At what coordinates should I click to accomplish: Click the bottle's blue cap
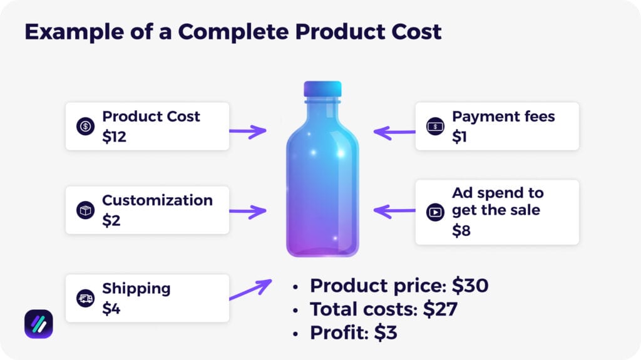(322, 89)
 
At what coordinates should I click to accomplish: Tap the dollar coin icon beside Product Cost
(85, 126)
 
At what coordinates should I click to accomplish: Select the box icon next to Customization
(85, 211)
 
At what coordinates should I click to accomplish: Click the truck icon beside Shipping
(85, 299)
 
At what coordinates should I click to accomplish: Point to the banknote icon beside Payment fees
(434, 126)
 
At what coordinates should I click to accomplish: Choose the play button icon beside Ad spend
(434, 212)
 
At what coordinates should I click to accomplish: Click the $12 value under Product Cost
(115, 136)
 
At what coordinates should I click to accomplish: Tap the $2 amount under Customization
(111, 220)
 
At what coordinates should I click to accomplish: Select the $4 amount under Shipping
(111, 309)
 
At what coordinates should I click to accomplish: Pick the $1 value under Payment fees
(459, 136)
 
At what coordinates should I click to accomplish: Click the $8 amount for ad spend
(461, 230)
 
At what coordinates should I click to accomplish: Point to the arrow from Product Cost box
(248, 131)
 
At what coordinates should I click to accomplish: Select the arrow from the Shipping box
(250, 289)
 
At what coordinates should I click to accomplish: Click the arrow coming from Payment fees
(394, 132)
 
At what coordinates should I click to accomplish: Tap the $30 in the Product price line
(469, 285)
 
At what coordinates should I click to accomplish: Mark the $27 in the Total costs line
(440, 309)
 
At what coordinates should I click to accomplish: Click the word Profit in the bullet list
(337, 332)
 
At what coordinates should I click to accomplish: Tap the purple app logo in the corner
(39, 324)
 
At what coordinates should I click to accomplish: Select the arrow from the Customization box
(248, 212)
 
